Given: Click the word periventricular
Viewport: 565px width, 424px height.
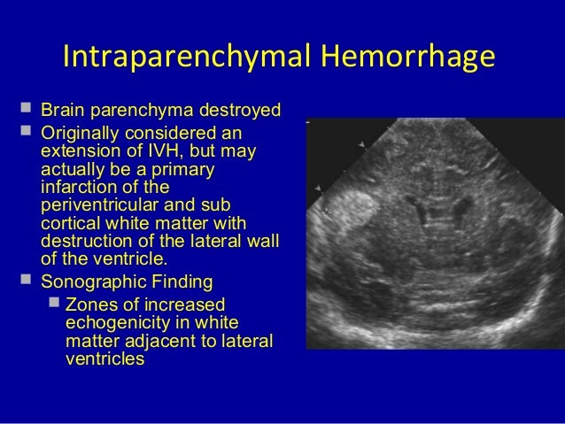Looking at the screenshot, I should (x=97, y=205).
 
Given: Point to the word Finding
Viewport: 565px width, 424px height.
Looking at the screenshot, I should (x=178, y=283).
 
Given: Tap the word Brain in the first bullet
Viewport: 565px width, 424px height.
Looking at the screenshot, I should (x=61, y=112).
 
